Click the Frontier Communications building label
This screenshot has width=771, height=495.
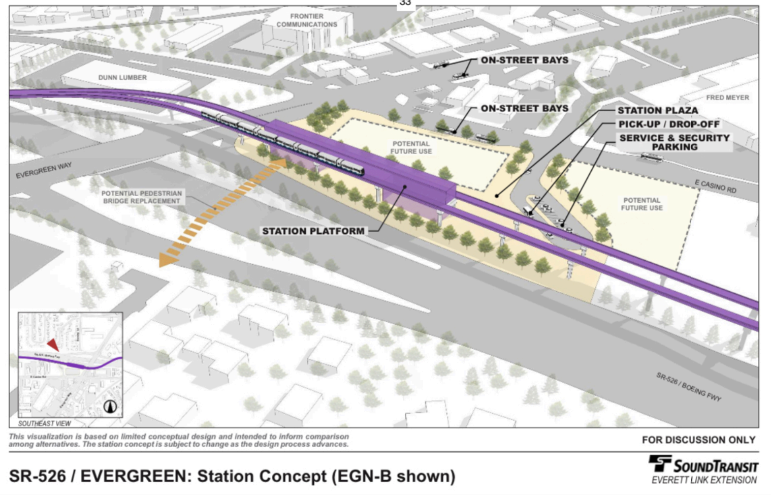tap(306, 20)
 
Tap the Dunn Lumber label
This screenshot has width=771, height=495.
tap(122, 78)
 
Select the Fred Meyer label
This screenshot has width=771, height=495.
tap(727, 98)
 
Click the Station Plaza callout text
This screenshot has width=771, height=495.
tap(657, 110)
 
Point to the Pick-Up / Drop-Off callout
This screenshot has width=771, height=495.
tap(668, 124)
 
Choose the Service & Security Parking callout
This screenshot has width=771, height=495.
tap(674, 142)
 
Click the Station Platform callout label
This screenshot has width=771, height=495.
tap(313, 231)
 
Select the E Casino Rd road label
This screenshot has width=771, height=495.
tap(715, 187)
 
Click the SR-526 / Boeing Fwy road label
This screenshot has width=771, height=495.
tap(688, 387)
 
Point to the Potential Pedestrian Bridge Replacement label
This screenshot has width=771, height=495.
tap(141, 197)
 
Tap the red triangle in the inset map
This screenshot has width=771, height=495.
tap(53, 345)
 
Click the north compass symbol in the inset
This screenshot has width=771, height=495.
tap(110, 406)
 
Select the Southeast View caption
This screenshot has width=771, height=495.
tap(45, 423)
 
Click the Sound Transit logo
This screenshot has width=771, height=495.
tap(703, 465)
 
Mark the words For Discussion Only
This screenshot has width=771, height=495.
tap(698, 440)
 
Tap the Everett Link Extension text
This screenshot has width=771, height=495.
tap(704, 480)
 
